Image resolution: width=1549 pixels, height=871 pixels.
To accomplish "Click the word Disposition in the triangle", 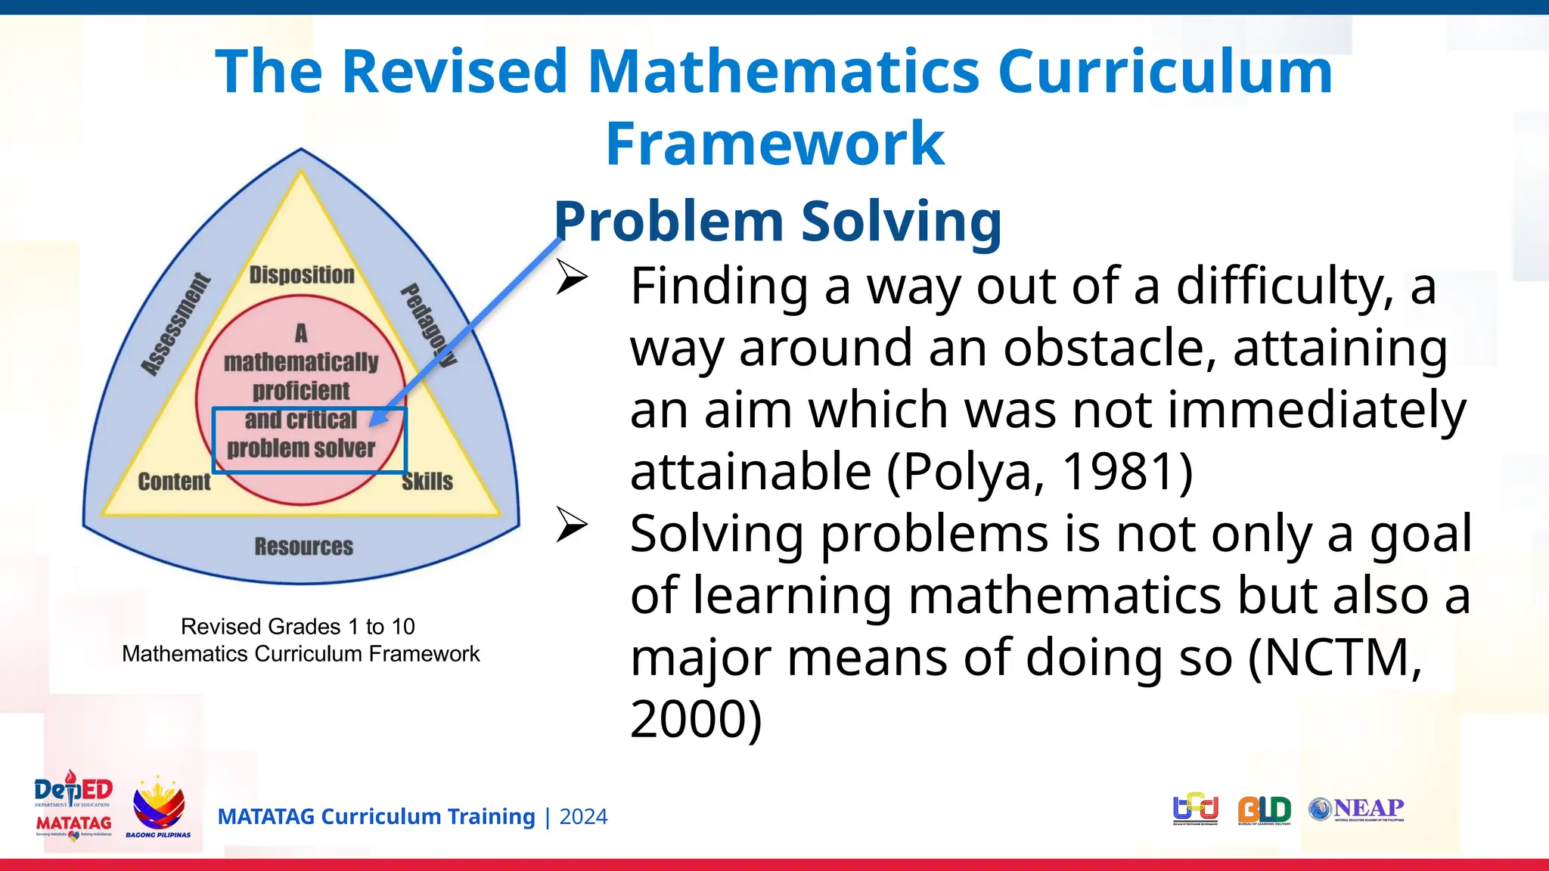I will coord(302,275).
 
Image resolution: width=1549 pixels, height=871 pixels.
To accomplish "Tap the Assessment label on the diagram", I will coord(175,325).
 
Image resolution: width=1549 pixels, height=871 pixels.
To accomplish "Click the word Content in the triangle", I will coord(174,482).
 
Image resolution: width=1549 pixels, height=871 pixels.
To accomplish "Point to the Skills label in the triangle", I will coord(427,482).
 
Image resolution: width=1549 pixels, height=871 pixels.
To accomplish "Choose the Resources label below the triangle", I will coord(303,547).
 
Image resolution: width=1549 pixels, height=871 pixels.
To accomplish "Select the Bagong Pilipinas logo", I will coord(158,807).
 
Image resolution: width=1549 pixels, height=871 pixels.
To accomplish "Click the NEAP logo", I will coord(1357,809).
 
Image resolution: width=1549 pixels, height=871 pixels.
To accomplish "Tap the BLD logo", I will coord(1264,810).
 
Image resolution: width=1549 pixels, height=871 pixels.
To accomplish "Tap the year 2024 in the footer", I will coord(583,817).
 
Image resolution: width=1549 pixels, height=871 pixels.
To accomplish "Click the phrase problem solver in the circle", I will coord(301,448).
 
